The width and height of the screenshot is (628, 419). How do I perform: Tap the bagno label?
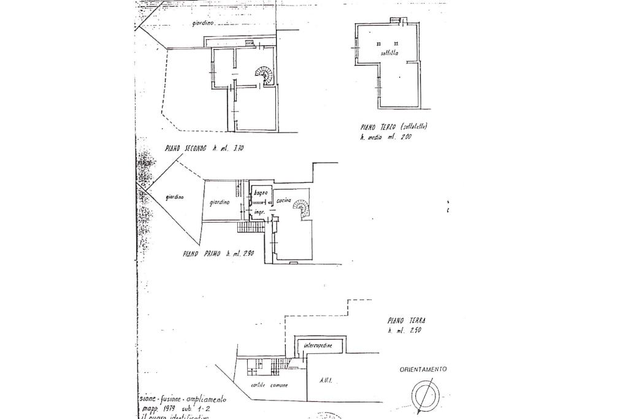[x=261, y=193]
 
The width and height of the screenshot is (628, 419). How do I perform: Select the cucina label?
[x=283, y=201]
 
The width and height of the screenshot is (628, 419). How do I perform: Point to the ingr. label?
[x=259, y=212]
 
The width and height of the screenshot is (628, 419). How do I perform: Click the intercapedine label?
[x=318, y=346]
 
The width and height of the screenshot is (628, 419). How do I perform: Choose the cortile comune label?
[x=269, y=385]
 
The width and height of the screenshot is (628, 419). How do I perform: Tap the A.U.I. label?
[x=326, y=381]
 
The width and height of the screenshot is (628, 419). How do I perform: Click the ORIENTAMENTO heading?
[x=423, y=369]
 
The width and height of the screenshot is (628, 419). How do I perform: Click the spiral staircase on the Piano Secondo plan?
[x=266, y=75]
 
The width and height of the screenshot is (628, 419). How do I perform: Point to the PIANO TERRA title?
[x=407, y=320]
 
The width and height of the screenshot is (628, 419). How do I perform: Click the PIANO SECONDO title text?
[x=186, y=148]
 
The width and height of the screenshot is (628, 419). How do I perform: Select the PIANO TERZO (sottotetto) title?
[x=394, y=127]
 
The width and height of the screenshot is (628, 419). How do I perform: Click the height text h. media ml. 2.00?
[x=386, y=137]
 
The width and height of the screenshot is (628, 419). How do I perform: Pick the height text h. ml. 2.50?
[x=405, y=331]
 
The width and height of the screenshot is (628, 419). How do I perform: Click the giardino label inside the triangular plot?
[x=174, y=197]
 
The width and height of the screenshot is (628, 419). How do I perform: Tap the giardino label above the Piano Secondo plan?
[x=202, y=23]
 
